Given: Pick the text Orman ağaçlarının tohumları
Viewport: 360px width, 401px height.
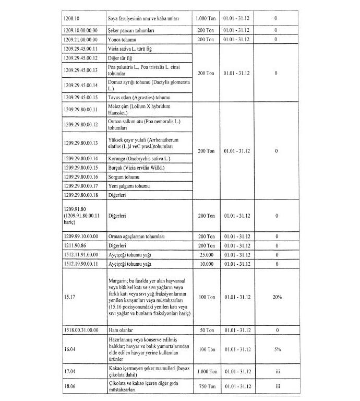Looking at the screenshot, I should [x=137, y=236].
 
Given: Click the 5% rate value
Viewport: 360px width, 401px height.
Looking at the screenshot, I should [x=277, y=349].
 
